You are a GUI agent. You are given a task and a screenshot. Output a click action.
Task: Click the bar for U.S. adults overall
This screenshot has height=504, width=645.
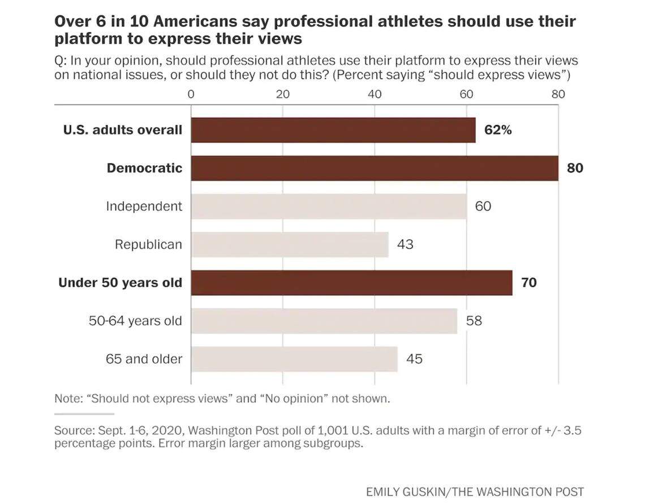(333, 130)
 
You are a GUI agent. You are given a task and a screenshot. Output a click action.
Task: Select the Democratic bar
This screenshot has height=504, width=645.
(374, 168)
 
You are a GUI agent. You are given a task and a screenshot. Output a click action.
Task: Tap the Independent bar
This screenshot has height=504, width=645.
(328, 206)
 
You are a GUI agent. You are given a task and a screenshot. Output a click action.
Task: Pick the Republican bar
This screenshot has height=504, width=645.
(289, 244)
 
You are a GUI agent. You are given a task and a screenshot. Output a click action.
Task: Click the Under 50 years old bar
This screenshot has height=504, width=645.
(351, 282)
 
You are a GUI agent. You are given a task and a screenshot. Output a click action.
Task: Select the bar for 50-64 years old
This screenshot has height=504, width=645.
(324, 321)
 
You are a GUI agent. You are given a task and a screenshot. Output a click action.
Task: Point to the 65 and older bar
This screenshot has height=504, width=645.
(294, 359)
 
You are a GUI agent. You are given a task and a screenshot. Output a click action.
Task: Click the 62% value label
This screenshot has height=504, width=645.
(498, 130)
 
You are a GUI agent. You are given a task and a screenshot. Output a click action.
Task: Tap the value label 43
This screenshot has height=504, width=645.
(405, 244)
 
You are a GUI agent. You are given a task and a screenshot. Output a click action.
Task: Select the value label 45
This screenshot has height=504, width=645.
(414, 359)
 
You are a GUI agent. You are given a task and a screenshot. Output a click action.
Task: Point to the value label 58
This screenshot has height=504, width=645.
(474, 321)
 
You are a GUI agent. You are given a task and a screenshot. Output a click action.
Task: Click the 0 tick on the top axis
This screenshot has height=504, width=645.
(191, 94)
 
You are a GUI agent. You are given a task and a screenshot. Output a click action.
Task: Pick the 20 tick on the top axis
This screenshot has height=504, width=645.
(282, 94)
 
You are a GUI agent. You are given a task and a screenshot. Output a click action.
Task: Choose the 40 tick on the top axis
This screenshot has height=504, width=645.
(375, 94)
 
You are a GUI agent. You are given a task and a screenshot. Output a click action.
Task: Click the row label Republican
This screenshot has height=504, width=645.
(148, 244)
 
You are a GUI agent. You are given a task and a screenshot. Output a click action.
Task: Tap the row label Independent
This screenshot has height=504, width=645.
(144, 206)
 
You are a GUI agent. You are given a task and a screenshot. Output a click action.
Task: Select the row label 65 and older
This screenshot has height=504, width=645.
(144, 359)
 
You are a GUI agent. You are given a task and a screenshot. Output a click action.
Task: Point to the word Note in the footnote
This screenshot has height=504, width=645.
(67, 398)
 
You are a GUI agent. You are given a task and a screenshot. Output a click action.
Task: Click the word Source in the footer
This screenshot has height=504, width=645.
(71, 431)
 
